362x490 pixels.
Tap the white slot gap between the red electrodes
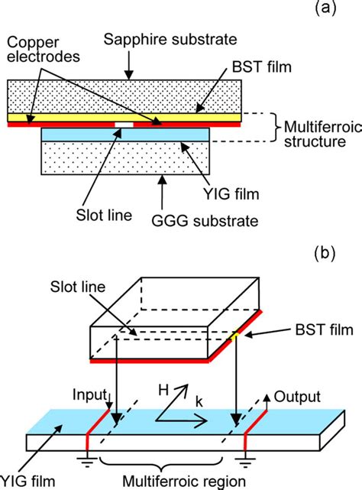[x=122, y=124]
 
